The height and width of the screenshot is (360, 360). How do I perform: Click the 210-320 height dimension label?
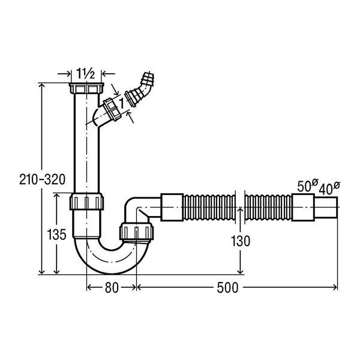click(42, 179)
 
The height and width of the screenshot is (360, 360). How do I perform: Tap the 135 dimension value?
click(56, 235)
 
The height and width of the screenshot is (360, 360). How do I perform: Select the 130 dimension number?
click(240, 241)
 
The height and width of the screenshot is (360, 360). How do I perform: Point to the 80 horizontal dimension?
click(112, 287)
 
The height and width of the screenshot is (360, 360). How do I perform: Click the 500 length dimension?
click(227, 287)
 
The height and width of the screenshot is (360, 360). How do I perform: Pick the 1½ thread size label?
click(85, 73)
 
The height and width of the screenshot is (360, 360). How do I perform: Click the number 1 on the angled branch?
click(121, 103)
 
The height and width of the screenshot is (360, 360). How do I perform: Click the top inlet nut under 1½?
click(86, 88)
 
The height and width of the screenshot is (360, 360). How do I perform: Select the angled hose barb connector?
click(139, 89)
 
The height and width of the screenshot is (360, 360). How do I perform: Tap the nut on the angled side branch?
click(112, 109)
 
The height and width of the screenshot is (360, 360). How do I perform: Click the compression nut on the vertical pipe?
click(86, 202)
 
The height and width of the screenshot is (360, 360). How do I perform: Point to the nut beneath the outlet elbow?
click(136, 232)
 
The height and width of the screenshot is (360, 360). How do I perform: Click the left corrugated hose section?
click(209, 208)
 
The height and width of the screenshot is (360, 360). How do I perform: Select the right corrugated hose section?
click(268, 208)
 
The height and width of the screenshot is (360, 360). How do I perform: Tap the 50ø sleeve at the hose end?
click(303, 208)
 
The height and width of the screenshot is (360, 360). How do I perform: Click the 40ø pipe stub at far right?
click(326, 208)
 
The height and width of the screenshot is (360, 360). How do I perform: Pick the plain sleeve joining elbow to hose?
click(172, 208)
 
